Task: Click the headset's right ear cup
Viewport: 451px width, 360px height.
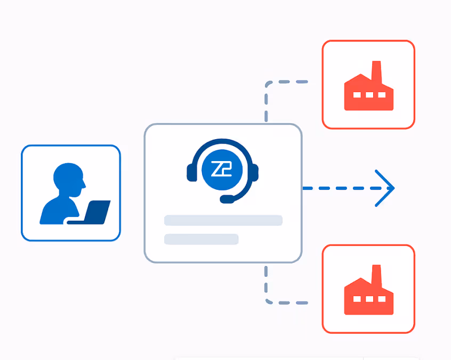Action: pos(254,172)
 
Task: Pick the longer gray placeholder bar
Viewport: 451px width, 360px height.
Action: pos(223,220)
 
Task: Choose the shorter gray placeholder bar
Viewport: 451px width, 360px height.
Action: pos(201,239)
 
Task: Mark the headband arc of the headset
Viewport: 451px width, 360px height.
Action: pos(222,142)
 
